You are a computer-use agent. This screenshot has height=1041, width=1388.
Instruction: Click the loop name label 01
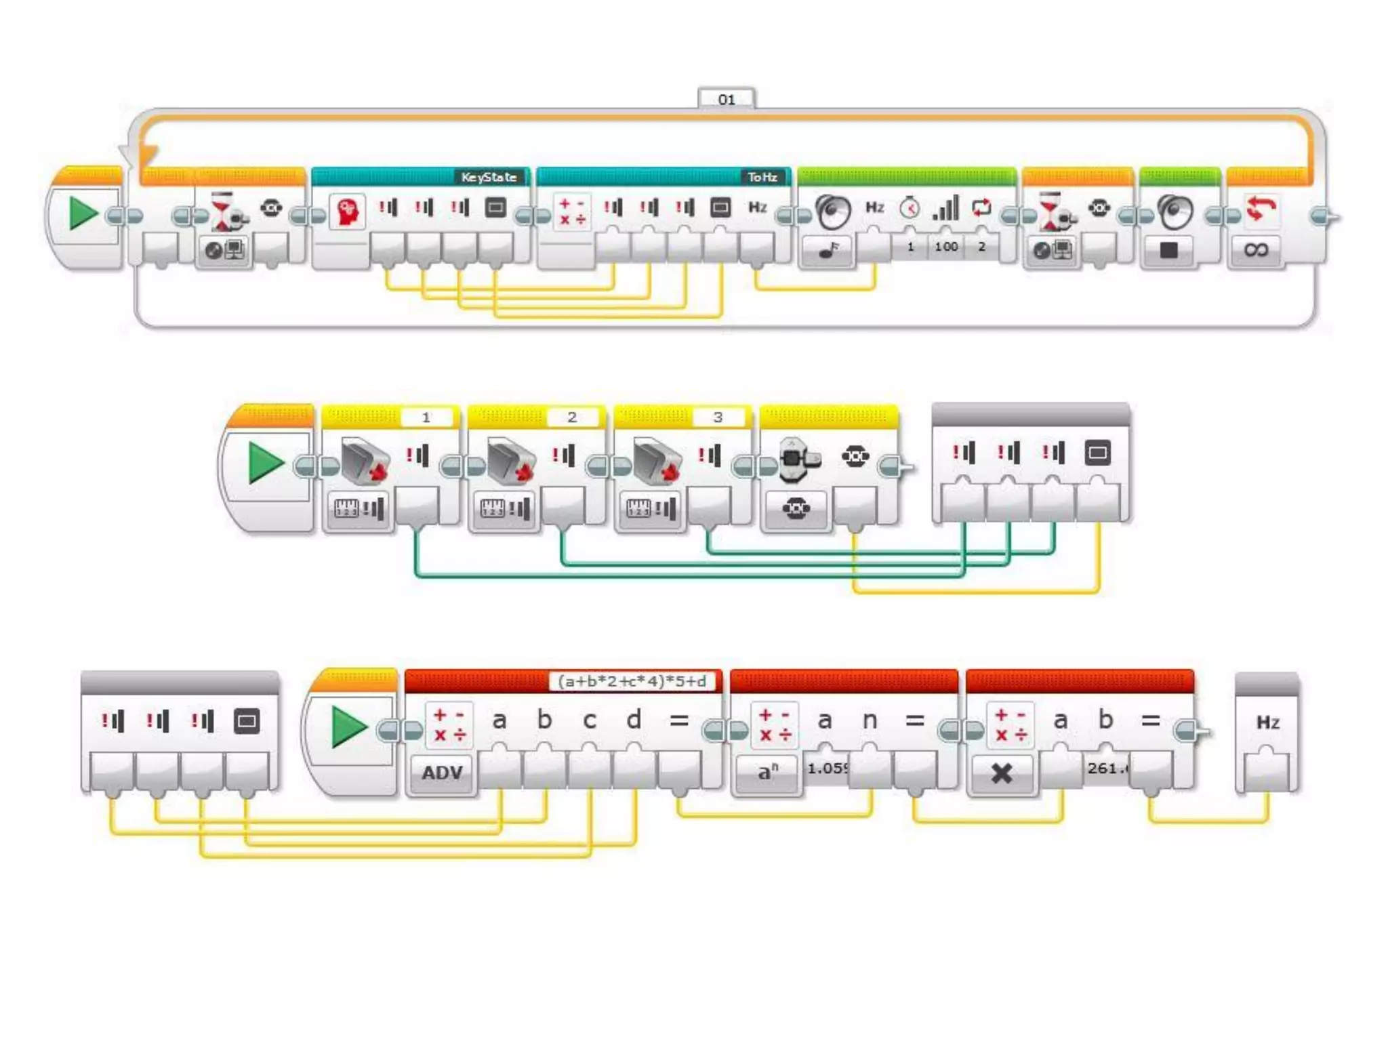point(726,100)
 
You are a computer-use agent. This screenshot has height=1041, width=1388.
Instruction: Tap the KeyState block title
point(489,177)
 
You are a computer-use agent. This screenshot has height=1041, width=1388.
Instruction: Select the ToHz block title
point(762,177)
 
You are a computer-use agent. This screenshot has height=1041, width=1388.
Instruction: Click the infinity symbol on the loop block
point(1255,250)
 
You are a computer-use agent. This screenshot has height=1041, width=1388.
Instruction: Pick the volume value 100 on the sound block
point(946,247)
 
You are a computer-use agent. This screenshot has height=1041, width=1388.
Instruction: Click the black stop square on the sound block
point(1168,250)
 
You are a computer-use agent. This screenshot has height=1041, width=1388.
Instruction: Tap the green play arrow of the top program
point(83,213)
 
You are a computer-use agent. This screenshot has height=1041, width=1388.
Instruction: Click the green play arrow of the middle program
point(265,463)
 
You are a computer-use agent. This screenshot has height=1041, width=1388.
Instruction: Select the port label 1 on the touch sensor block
point(426,417)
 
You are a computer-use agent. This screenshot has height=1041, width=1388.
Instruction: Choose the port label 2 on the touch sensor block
point(572,417)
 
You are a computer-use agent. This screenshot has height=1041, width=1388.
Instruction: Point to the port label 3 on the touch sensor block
point(718,417)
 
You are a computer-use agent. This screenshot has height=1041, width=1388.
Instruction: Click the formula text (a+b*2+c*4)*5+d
point(632,681)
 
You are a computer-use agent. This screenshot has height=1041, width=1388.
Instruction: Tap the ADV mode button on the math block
point(442,772)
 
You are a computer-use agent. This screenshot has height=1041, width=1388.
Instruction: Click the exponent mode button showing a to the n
point(767,772)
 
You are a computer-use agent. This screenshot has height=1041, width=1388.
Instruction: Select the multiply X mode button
point(1002,773)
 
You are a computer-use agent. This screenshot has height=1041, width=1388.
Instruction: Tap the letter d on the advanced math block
point(634,720)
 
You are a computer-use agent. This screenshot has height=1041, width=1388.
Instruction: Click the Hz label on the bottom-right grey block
point(1267,722)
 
